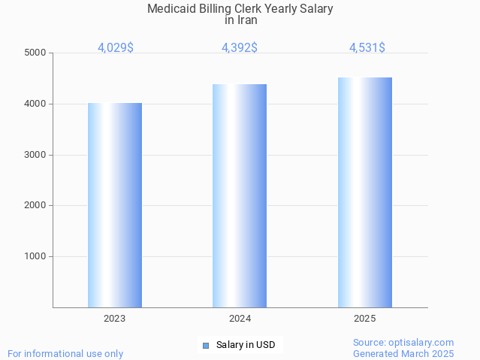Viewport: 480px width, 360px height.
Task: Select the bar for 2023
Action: point(115,204)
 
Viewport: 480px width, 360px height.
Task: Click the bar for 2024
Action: point(240,195)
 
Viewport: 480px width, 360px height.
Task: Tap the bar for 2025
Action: point(364,192)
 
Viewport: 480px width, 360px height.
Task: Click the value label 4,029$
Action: point(116,47)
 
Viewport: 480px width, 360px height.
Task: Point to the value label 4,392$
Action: point(240,47)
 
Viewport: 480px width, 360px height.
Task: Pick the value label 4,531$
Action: point(367,47)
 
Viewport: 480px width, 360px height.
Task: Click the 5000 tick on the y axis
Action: point(35,53)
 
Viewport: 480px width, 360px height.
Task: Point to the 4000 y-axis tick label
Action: point(35,104)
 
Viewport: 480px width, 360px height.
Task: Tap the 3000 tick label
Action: point(35,155)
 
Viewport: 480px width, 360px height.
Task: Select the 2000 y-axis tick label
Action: point(35,205)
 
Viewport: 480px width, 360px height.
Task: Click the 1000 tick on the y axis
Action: point(35,256)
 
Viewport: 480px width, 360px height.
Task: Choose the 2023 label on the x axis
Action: point(115,319)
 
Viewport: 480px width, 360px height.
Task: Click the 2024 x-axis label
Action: point(240,319)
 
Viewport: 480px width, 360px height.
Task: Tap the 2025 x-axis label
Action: point(364,319)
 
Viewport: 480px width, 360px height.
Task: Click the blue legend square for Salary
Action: point(206,346)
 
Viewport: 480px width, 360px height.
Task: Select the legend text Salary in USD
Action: point(246,346)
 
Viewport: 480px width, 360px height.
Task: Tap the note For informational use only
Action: point(65,353)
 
